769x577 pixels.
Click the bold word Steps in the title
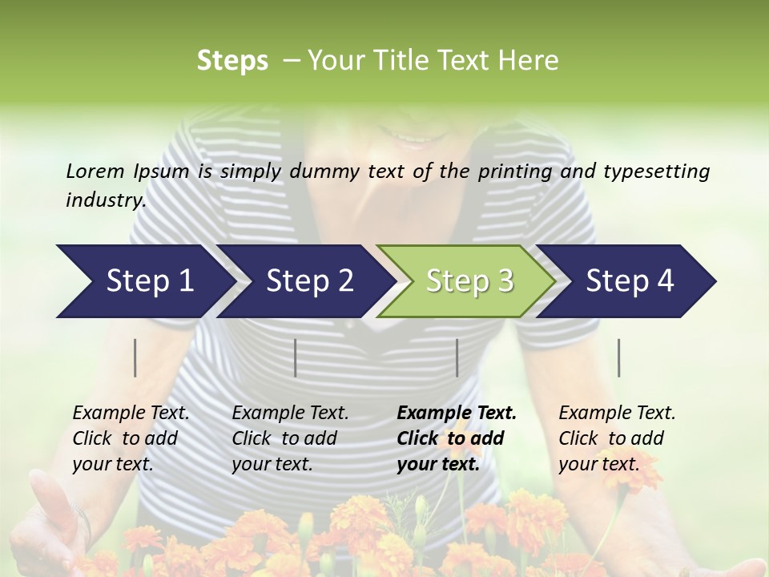tap(232, 60)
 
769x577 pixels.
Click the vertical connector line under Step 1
tap(135, 357)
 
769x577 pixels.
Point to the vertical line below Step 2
tap(296, 357)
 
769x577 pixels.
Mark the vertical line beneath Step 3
tap(457, 357)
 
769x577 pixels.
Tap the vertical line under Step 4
tap(619, 357)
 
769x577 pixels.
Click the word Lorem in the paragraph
tap(95, 171)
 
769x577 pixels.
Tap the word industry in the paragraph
tap(105, 200)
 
